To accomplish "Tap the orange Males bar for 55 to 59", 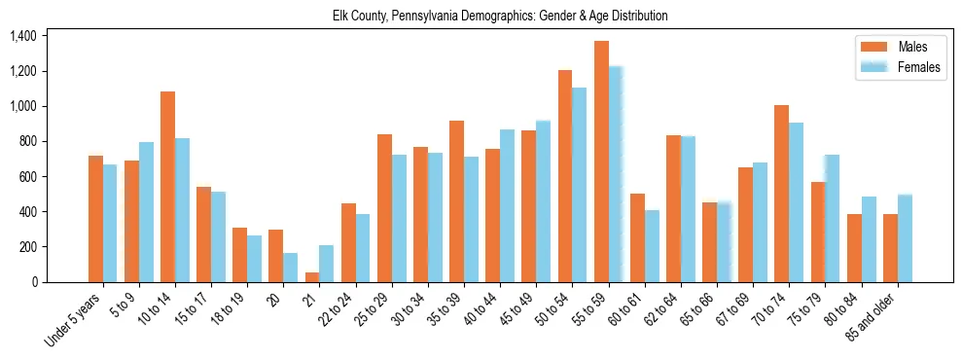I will click(601, 162).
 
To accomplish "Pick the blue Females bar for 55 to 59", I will click(616, 174).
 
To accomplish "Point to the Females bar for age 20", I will click(291, 268).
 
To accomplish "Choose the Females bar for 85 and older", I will click(905, 238).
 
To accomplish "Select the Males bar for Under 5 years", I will click(95, 219).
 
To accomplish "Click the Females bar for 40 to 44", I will click(508, 205).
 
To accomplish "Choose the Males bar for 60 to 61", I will click(637, 237).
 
